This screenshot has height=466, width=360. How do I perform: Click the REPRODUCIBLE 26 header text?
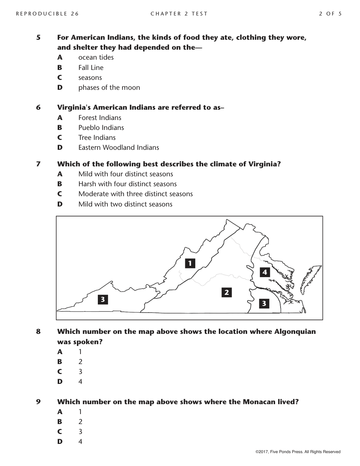(47, 14)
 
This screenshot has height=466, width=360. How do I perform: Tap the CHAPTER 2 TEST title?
(179, 14)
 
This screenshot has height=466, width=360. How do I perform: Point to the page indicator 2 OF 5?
(330, 14)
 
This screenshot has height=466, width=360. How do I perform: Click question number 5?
(38, 38)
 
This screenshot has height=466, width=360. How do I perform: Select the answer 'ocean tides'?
(96, 57)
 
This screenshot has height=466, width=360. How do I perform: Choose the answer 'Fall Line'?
(91, 68)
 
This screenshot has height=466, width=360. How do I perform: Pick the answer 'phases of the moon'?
(109, 88)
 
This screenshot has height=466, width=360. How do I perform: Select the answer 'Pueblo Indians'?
(101, 128)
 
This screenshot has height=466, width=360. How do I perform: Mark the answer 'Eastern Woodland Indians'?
(118, 148)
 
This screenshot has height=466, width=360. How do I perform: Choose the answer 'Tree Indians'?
(97, 138)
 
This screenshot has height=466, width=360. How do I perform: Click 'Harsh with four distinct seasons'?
(127, 184)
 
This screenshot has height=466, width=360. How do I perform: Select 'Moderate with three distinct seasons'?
(135, 194)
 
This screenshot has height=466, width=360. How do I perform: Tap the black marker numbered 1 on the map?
(190, 263)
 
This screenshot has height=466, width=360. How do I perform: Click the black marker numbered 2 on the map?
(227, 293)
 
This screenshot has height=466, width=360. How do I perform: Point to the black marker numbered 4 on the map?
(265, 272)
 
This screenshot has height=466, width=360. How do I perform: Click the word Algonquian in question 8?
(295, 332)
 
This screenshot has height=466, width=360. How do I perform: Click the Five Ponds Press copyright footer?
(298, 452)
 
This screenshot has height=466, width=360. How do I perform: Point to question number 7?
(38, 164)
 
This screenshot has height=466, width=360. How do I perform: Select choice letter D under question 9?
(60, 442)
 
